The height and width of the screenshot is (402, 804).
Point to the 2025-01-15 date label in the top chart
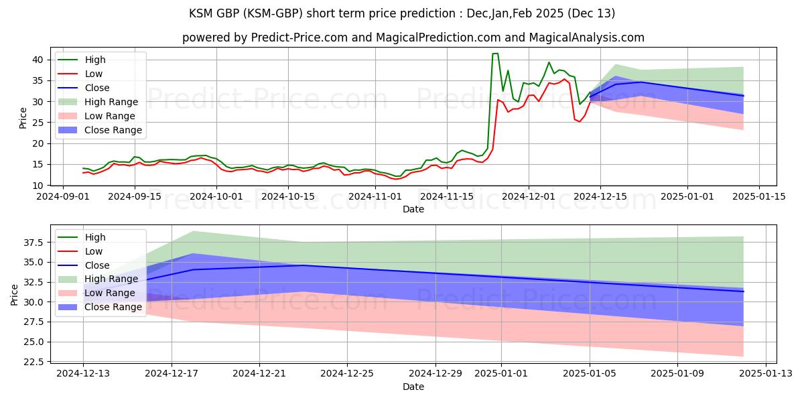[759, 196]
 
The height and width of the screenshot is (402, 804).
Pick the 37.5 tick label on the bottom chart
[34, 242]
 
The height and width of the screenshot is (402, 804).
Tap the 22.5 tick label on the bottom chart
[34, 362]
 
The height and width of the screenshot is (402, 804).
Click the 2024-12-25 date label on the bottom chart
[347, 373]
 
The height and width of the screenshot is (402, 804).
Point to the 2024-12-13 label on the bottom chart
[83, 373]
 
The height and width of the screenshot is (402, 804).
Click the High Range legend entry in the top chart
[111, 102]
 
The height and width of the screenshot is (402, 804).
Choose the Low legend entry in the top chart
[94, 74]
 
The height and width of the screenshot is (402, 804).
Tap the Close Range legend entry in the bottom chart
[113, 307]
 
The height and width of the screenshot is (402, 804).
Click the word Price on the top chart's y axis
[23, 119]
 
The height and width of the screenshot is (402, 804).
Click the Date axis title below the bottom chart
[413, 387]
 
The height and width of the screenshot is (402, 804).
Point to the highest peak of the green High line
[495, 54]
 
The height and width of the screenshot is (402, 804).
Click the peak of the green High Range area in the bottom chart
[193, 231]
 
